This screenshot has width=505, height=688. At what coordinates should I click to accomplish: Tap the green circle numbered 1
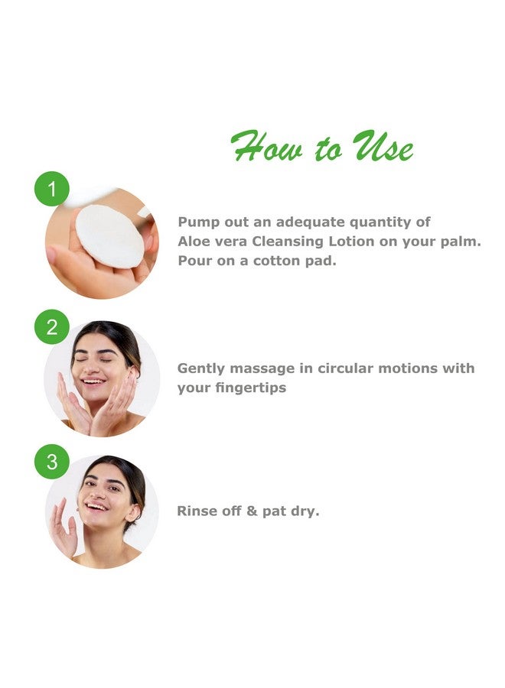[x=52, y=190]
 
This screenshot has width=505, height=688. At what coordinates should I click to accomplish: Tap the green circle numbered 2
[x=52, y=327]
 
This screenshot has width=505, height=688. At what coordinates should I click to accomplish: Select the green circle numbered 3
[x=52, y=462]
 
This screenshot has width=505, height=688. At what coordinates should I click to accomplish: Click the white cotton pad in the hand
[x=109, y=236]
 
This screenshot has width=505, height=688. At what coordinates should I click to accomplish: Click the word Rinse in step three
[x=197, y=511]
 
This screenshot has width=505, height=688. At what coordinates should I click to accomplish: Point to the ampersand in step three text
[x=252, y=511]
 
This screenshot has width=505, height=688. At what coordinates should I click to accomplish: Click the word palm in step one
[x=460, y=242]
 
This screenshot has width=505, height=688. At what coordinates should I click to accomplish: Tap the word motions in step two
[x=409, y=368]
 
